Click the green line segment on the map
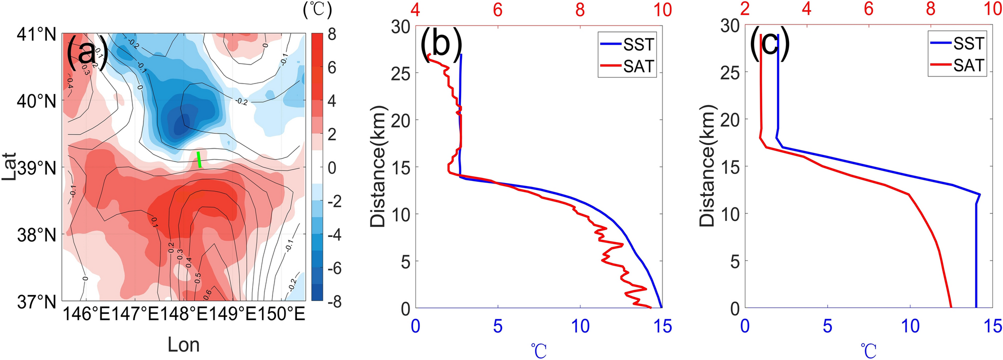coord(199,159)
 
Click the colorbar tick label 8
coord(332,34)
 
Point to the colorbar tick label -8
coord(329,301)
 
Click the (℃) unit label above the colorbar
coord(317,10)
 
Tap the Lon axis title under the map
coord(183,345)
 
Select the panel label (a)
coord(86,52)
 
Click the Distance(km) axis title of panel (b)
coord(380,166)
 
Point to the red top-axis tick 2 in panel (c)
coord(745,9)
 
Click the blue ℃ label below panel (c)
coord(869,350)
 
